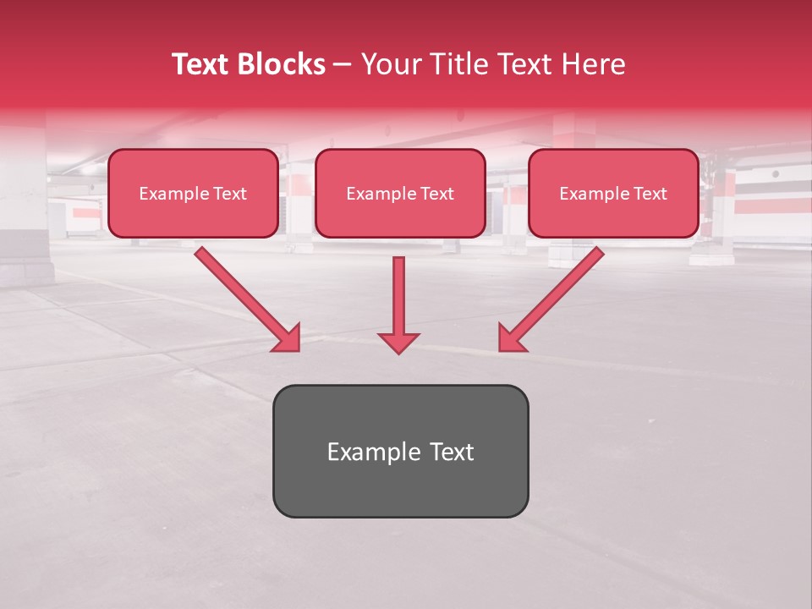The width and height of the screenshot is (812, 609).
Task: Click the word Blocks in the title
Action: click(282, 64)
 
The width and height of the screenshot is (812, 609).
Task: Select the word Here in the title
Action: click(592, 64)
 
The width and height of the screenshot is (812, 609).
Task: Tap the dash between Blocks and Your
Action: click(343, 65)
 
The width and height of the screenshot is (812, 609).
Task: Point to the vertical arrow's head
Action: click(398, 343)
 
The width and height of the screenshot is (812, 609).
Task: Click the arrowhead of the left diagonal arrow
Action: click(288, 339)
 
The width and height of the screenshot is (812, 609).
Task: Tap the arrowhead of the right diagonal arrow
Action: click(509, 339)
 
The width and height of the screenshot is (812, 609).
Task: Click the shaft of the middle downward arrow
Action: click(398, 292)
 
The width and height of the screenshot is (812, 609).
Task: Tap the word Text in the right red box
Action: click(650, 194)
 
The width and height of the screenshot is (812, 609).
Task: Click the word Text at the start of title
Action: click(201, 64)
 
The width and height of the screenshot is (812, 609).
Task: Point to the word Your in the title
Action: click(390, 64)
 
